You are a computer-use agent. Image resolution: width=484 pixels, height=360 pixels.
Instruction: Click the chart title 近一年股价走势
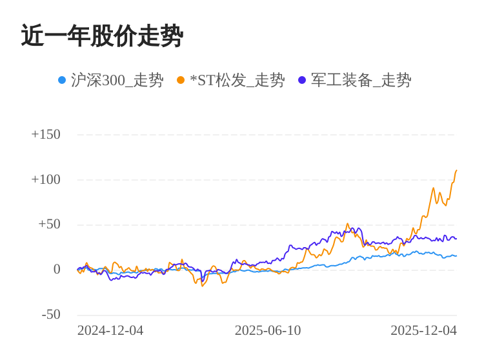pos(102,36)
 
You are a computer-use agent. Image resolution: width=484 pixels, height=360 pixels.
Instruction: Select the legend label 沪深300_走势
pos(117,80)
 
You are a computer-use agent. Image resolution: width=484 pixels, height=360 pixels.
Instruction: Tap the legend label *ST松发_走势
pos(237,80)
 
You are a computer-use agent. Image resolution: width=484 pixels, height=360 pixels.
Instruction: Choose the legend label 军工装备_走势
pos(361,80)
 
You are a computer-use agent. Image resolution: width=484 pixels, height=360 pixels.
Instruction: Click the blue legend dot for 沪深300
pos(62,80)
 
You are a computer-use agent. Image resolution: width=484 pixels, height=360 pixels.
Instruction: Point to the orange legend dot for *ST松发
pos(181,80)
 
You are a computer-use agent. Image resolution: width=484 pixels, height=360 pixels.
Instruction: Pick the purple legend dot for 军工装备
pos(302,80)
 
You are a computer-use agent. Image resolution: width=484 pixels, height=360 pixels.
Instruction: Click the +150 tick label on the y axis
pos(46,134)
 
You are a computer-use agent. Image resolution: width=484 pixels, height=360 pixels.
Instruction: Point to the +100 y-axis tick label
pos(46,179)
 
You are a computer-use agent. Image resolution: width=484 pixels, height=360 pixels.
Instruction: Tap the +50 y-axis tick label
pos(49,225)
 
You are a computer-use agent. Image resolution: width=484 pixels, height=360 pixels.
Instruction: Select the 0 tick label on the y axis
pos(57,270)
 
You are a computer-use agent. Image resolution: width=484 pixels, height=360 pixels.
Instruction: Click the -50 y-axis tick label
pos(51,315)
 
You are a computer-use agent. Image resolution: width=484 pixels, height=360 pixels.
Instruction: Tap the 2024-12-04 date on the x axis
pos(110,330)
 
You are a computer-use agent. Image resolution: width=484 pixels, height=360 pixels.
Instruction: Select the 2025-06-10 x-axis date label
pos(268,330)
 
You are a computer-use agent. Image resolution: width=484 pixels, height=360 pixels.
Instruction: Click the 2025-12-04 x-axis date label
pos(423,330)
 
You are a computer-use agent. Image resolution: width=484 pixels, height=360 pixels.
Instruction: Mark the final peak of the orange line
pos(456,170)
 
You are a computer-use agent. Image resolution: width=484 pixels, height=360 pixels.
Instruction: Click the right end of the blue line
pos(456,256)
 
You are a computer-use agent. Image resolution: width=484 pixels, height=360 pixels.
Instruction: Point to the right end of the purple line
pos(456,239)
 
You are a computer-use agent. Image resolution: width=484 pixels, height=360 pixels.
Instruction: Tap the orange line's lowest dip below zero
pos(203,285)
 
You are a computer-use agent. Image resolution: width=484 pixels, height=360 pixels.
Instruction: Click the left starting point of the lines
pos(77,270)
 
